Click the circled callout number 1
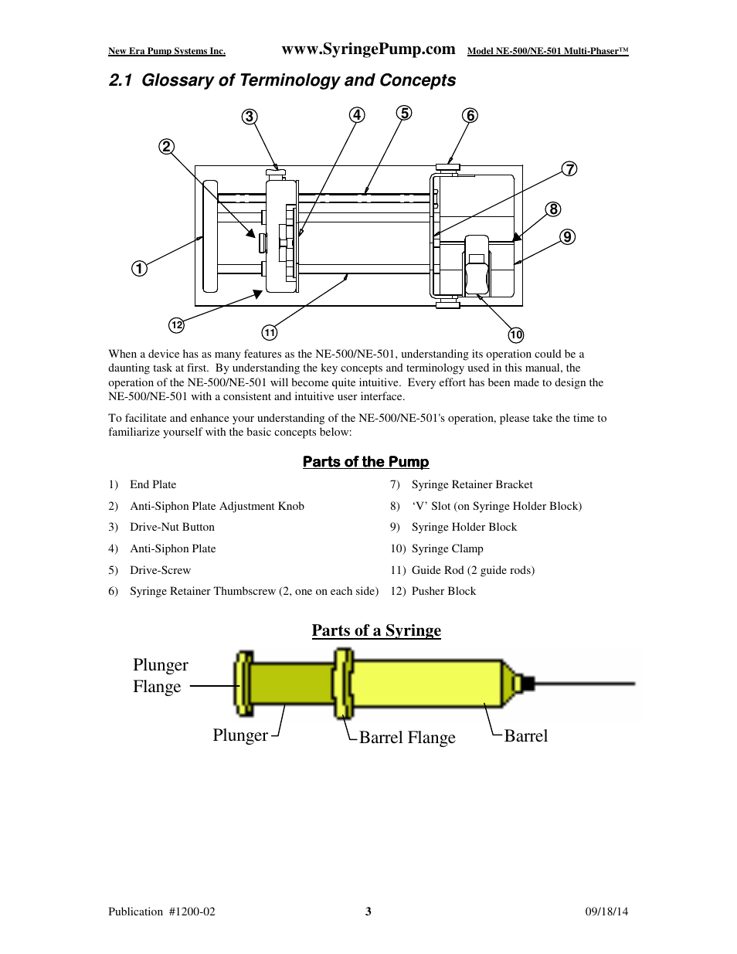click(139, 269)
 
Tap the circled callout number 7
click(569, 169)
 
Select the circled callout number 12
click(177, 325)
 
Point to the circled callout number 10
click(516, 334)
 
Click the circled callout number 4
click(356, 115)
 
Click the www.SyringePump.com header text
click(368, 49)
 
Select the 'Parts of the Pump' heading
click(365, 462)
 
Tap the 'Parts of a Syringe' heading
click(376, 630)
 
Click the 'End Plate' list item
click(153, 485)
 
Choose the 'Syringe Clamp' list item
click(447, 549)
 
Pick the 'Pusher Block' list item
click(443, 592)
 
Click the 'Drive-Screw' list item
click(160, 571)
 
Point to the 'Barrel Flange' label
click(407, 738)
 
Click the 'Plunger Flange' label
click(160, 676)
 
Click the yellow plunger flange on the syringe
click(243, 683)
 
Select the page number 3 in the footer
click(368, 912)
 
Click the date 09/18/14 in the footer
click(606, 912)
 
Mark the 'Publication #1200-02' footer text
click(161, 912)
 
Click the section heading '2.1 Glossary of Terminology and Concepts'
click(282, 80)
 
